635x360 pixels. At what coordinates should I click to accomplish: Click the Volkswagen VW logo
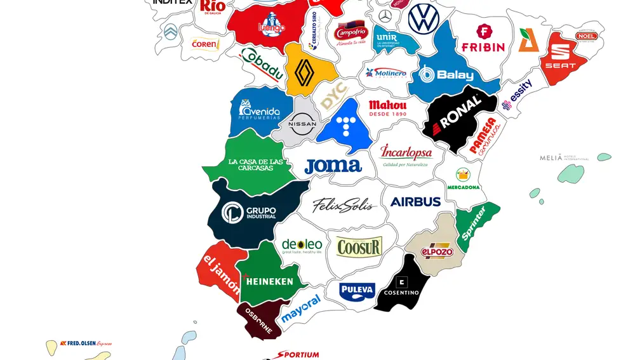pos(424,18)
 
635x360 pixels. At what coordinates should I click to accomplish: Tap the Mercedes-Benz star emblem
pos(385,17)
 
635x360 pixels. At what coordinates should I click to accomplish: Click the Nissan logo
pos(302,124)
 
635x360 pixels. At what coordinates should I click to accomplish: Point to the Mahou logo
pos(387,107)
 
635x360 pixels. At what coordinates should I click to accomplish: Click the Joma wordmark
pos(333,166)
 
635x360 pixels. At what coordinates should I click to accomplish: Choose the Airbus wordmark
pos(415,202)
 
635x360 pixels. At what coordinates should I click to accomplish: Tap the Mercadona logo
pos(463,179)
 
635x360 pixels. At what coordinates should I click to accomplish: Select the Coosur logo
pos(359,246)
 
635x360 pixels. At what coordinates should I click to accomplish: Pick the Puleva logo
pos(358,291)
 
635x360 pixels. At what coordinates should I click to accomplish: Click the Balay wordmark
pos(447,75)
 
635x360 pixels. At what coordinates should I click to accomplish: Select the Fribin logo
pos(483,39)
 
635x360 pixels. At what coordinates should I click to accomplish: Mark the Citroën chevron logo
pos(171,32)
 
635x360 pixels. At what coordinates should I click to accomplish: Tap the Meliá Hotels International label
pos(564,158)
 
